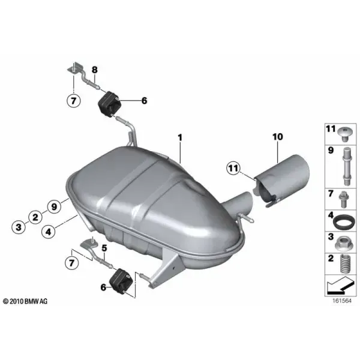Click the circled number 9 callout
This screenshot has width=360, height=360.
[54, 206]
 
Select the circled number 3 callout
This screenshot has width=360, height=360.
[19, 227]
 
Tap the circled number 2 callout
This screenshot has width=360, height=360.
[35, 217]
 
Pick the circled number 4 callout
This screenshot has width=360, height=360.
[48, 232]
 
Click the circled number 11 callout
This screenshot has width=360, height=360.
[233, 168]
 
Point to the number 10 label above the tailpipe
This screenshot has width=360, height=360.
[278, 137]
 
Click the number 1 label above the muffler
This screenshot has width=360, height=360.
[180, 137]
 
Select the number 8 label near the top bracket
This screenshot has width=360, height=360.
[95, 70]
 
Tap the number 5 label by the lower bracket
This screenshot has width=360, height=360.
[104, 248]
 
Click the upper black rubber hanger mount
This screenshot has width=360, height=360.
[109, 104]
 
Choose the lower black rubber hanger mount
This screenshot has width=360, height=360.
[121, 281]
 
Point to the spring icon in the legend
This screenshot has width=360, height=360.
[345, 263]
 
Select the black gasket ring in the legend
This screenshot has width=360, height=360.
[343, 222]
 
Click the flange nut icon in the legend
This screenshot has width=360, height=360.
[344, 244]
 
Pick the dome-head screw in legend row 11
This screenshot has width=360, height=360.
[344, 134]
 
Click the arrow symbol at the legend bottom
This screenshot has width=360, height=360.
[340, 286]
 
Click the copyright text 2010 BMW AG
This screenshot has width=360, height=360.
[25, 301]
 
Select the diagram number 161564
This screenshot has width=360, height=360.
[342, 301]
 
